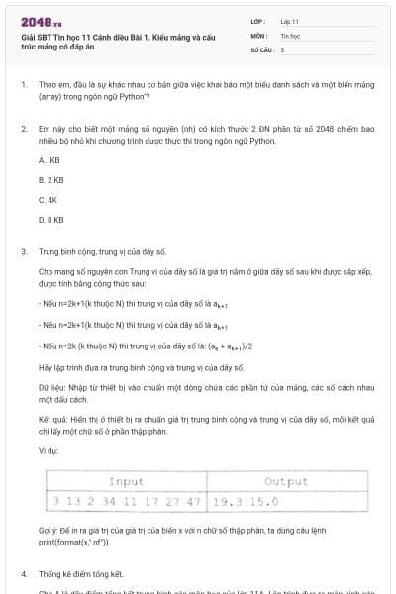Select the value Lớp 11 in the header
289,20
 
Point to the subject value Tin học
289,34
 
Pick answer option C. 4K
48,199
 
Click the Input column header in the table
126,481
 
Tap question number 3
23,252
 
